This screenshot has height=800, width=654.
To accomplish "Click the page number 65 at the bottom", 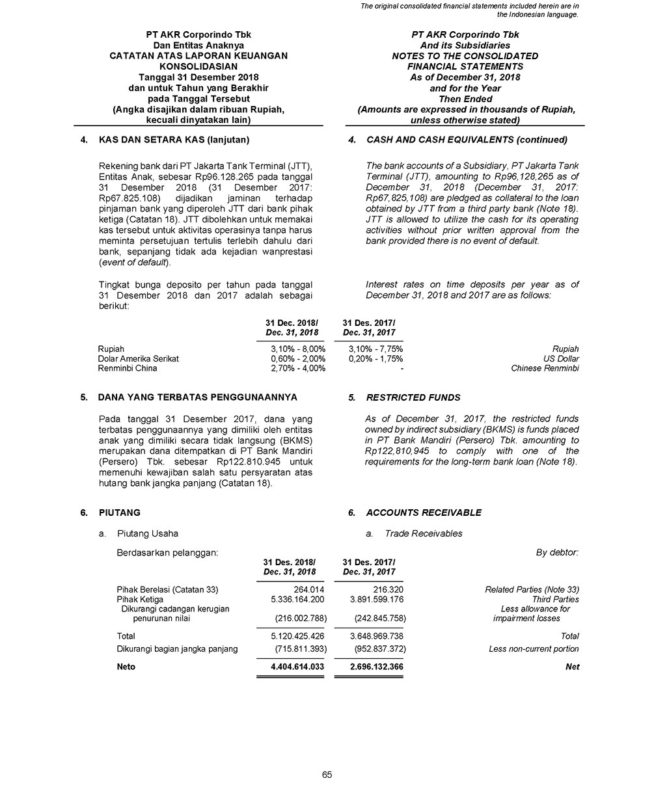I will [x=327, y=774].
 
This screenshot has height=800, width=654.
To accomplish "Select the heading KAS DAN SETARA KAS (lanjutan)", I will [x=174, y=140].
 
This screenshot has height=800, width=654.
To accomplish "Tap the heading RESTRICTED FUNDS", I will [x=413, y=397].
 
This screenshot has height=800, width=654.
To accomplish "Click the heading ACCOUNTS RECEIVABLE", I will [x=424, y=513].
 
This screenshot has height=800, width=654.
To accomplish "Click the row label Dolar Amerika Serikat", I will [x=138, y=358].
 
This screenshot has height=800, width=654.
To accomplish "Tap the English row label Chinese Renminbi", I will [x=545, y=368].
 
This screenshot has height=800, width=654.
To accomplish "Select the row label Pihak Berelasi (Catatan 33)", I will [x=167, y=589].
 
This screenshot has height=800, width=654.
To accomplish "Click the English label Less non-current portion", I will [x=534, y=648].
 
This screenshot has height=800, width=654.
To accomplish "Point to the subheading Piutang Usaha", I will [x=147, y=534].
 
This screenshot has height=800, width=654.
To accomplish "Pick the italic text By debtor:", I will [x=557, y=553].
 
